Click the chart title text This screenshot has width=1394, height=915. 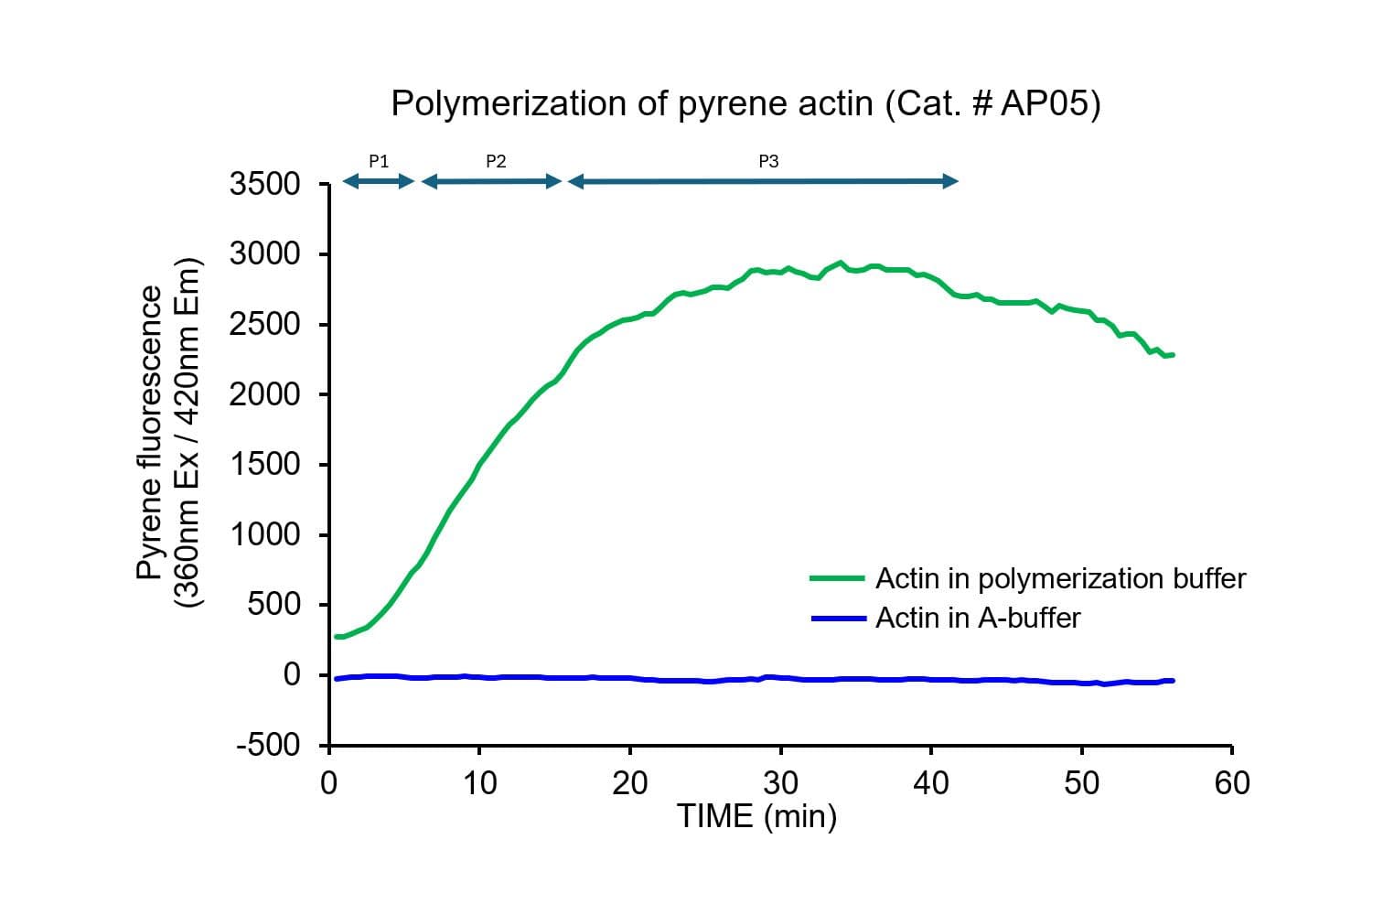pos(745,103)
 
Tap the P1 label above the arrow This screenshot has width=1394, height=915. pos(379,161)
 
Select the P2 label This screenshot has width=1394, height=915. pos(496,161)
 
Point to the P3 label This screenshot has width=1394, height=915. pos(768,161)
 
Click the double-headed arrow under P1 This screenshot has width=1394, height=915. pos(379,181)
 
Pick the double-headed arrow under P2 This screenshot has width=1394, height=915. pos(492,181)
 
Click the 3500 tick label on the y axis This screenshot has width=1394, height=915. pos(265,184)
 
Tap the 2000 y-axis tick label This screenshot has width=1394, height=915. pos(265,394)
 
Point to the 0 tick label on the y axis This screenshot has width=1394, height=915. pos(292,674)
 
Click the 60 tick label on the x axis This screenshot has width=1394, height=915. pos(1232,783)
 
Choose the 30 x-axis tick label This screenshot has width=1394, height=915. pos(780,783)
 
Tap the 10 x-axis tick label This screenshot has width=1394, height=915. pos(479,783)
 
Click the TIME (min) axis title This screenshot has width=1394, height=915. pos(756,815)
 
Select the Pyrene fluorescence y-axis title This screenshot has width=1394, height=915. pos(168,432)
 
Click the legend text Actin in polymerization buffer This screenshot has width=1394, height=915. pos(1060,578)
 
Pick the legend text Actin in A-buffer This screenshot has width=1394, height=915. pos(977,619)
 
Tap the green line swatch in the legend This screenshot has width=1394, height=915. pos(837,578)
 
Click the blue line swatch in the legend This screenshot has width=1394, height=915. pos(837,619)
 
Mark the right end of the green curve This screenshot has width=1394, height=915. pos(1173,354)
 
